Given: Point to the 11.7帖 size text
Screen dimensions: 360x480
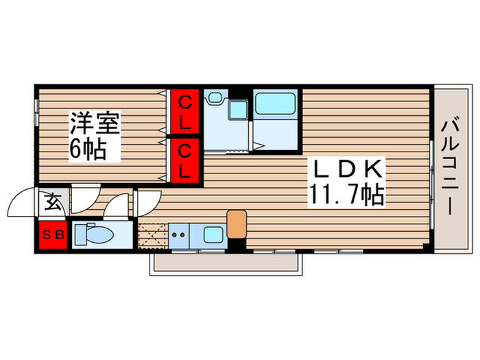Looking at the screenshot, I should (345, 196).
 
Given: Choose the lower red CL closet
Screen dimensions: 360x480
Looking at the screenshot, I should (185, 160).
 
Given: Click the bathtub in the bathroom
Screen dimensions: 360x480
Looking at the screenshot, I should (274, 104).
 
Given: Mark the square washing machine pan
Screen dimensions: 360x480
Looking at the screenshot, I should (239, 111).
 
